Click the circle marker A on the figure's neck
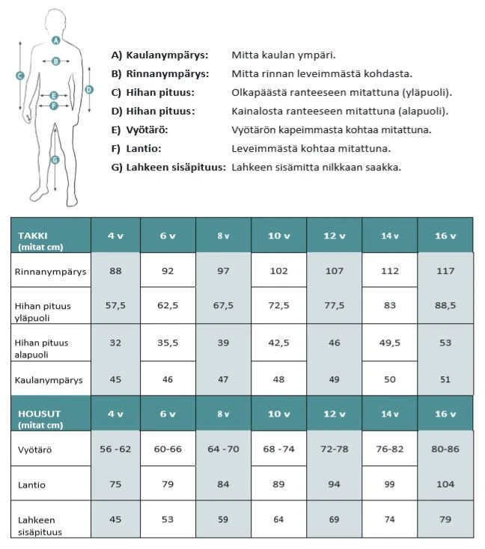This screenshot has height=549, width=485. pos(56,40)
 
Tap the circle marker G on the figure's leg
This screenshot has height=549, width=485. pos(54,159)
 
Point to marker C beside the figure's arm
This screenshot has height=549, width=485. pos(20,75)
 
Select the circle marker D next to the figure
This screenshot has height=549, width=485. pos(89,89)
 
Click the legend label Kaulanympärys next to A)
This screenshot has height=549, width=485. pos(167,55)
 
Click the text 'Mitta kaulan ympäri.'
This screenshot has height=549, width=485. pos(284,55)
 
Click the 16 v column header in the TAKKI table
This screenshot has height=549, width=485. pos(445,236)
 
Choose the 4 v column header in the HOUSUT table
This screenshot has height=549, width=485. pos(115,414)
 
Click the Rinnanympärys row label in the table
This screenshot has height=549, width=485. pos(50,272)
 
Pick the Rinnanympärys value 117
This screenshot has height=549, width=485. pos(445,271)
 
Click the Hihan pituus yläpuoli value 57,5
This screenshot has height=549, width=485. pos(115,305)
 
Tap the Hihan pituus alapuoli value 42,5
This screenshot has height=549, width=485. pos(278,343)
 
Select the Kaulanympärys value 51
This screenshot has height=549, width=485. pos(445,379)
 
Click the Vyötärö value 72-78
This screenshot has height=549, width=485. pos(334,449)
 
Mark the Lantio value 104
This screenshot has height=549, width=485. pos(445,485)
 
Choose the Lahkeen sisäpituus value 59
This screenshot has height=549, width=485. pos(223,520)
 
